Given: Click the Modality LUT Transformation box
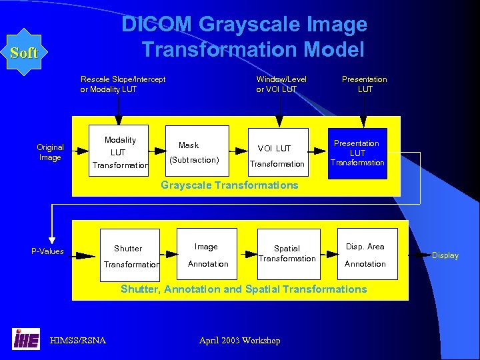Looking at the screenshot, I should [x=119, y=152].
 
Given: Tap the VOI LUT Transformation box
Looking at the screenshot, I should [x=277, y=153].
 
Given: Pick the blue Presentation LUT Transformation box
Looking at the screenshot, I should [x=358, y=153].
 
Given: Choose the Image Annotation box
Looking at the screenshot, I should [x=207, y=255].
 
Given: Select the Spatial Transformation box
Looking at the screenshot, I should [x=287, y=254].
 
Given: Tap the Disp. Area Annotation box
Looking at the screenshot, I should [x=366, y=255].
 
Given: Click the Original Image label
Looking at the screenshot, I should [x=50, y=153].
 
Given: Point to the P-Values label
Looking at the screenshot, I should [x=47, y=251].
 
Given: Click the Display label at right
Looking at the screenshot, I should [x=445, y=255].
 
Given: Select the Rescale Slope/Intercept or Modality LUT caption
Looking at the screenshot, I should [x=123, y=84].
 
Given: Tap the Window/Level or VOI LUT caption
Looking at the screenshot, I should [x=281, y=84].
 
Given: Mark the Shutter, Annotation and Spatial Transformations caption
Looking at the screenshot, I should [x=243, y=289].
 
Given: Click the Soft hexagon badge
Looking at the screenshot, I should [x=24, y=53].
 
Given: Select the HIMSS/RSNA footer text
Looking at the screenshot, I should [x=77, y=341].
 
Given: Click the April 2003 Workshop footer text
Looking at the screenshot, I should [x=239, y=341].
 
